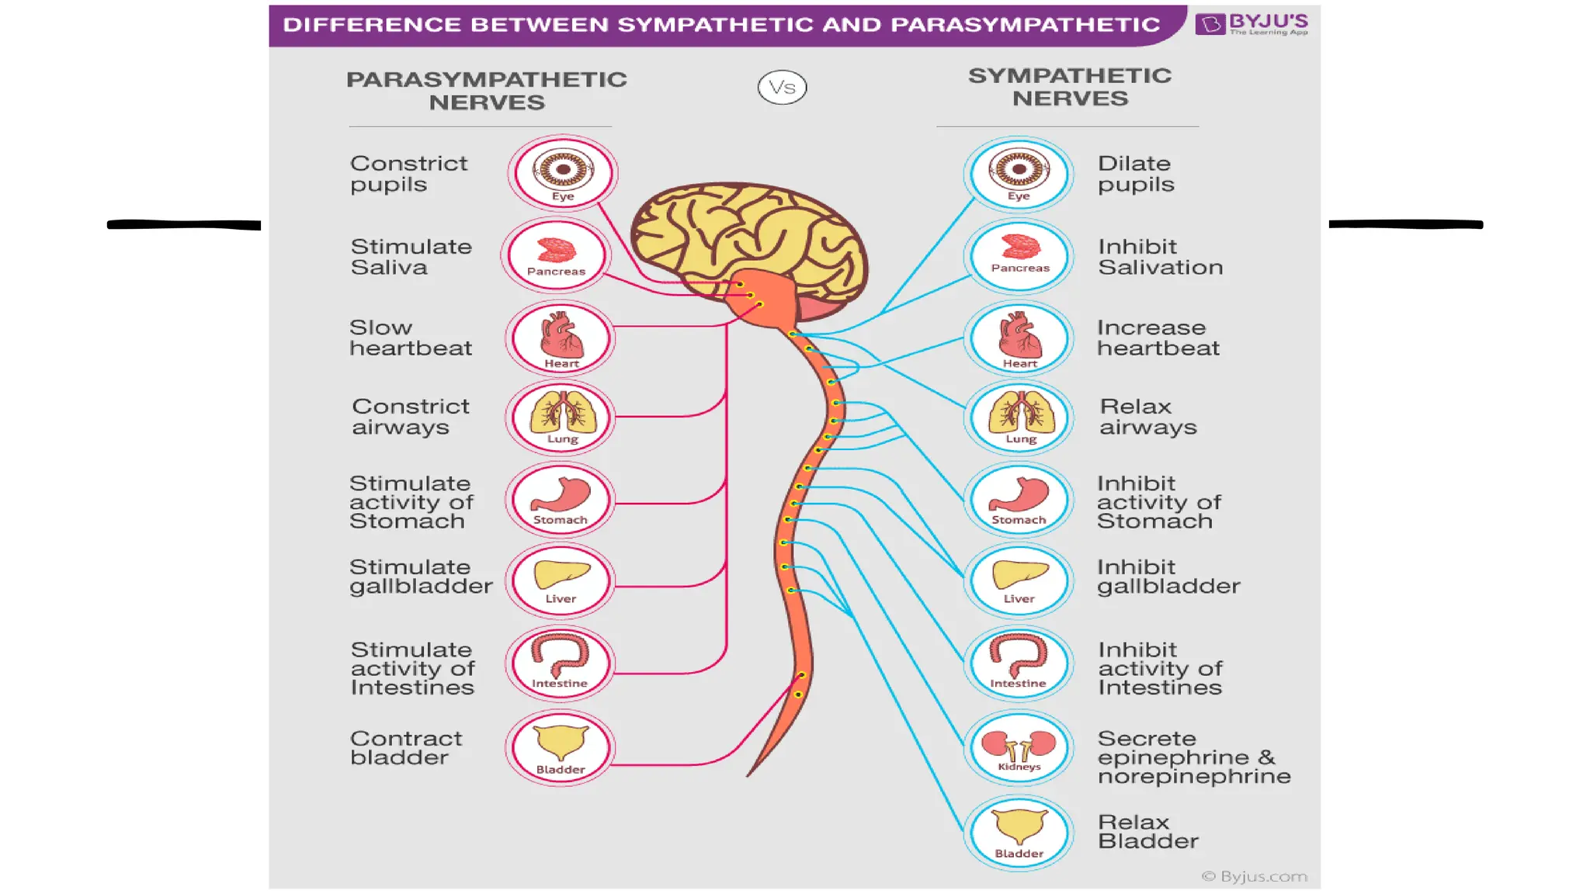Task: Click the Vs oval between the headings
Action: [x=782, y=87]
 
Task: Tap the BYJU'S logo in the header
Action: [x=1252, y=23]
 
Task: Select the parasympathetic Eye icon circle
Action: [x=563, y=173]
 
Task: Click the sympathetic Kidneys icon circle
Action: [x=1019, y=748]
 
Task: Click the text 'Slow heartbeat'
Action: [x=410, y=338]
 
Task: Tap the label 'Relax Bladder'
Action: [x=1147, y=831]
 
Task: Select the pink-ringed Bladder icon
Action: [x=560, y=747]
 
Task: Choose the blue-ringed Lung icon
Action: [x=1019, y=418]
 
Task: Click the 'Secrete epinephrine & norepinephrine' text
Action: [x=1193, y=757]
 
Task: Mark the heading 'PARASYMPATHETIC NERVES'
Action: [x=486, y=91]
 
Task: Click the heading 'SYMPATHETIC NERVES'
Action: [x=1069, y=87]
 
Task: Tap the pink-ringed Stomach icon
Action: [x=560, y=501]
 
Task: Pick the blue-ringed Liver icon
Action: [x=1019, y=580]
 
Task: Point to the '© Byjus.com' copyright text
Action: [x=1254, y=876]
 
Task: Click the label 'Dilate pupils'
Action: [x=1135, y=174]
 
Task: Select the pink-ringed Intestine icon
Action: [x=560, y=664]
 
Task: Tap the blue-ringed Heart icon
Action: [x=1019, y=338]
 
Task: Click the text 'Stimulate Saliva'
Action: [x=411, y=257]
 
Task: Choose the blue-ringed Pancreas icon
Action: [x=1019, y=256]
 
